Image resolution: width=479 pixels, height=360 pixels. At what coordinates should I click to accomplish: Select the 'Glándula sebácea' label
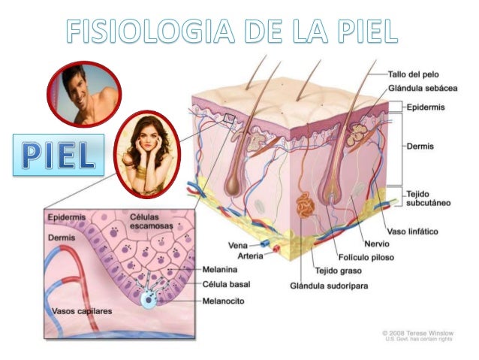tap(423, 89)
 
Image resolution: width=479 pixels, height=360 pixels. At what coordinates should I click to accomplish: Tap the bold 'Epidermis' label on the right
tap(425, 107)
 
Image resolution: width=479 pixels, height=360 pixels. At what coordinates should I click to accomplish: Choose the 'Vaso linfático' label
tap(413, 231)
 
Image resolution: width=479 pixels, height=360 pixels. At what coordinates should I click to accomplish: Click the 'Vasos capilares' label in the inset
tap(79, 310)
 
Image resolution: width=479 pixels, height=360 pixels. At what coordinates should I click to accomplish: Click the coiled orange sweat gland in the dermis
tap(307, 207)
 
